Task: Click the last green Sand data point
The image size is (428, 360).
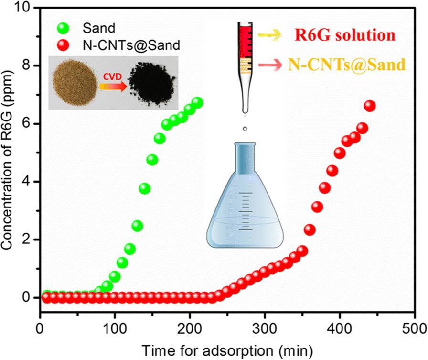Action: (x=197, y=103)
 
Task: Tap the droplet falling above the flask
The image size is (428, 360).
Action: (x=245, y=129)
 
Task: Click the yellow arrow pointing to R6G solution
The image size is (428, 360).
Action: (x=265, y=35)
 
